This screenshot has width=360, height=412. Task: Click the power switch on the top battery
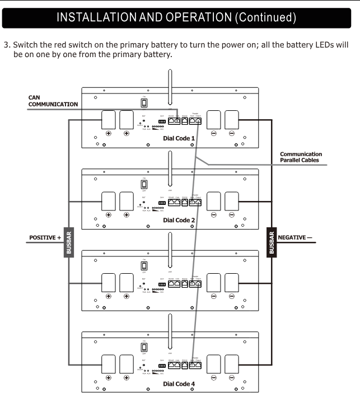click(x=144, y=102)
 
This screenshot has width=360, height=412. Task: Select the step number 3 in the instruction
click(x=6, y=45)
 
